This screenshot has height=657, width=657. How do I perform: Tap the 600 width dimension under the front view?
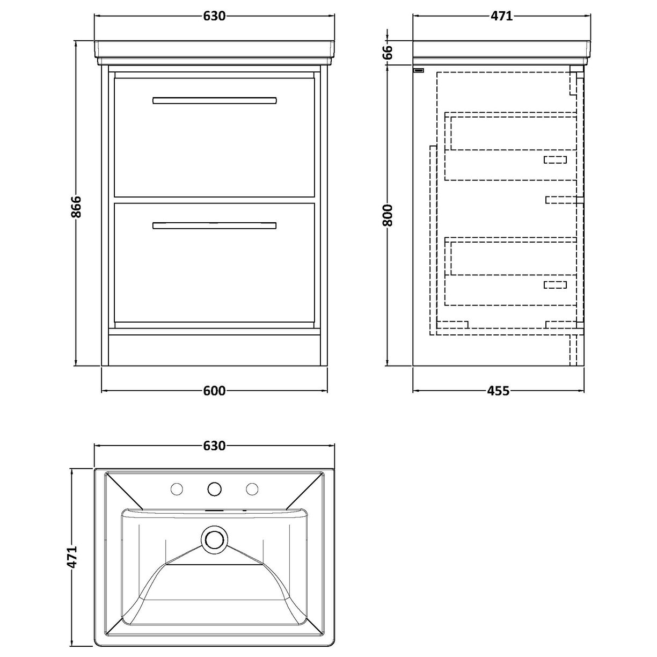click(214, 391)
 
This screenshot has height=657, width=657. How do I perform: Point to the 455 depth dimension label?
click(498, 391)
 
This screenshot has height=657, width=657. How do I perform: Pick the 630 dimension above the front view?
click(214, 16)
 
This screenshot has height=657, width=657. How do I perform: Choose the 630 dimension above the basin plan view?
click(214, 446)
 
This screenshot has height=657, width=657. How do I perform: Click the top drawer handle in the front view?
click(215, 100)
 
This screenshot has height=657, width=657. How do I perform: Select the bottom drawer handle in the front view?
click(215, 225)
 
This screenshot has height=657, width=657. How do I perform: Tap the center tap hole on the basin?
click(215, 488)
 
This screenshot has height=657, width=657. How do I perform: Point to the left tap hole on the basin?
click(177, 488)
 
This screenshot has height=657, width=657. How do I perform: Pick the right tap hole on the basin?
click(252, 488)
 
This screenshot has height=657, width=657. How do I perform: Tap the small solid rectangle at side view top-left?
click(419, 70)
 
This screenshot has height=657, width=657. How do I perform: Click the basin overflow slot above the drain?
click(215, 510)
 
